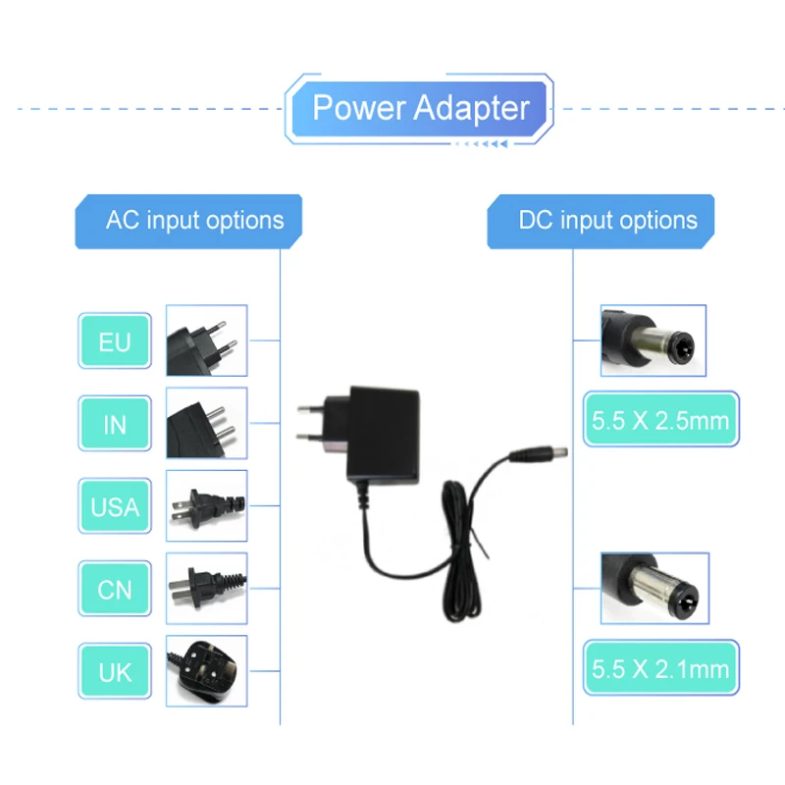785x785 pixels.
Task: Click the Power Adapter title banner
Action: click(420, 109)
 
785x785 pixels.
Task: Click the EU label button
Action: click(115, 340)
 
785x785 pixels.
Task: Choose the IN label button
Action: click(115, 424)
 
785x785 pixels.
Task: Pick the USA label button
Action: click(115, 505)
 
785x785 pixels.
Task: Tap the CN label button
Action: click(115, 588)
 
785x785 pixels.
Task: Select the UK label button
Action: click(115, 671)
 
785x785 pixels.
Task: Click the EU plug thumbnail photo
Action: click(207, 340)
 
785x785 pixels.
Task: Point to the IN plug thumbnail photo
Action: click(207, 423)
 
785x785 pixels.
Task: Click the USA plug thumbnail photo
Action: click(207, 505)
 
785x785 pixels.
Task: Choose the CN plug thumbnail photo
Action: click(207, 588)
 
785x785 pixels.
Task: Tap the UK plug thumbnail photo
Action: click(207, 671)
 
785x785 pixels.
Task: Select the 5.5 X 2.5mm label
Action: click(660, 419)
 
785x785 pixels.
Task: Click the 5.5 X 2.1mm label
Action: click(660, 667)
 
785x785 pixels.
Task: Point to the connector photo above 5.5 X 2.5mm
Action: click(654, 340)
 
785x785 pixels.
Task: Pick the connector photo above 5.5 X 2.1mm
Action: click(654, 588)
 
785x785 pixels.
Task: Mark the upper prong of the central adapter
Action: click(311, 409)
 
